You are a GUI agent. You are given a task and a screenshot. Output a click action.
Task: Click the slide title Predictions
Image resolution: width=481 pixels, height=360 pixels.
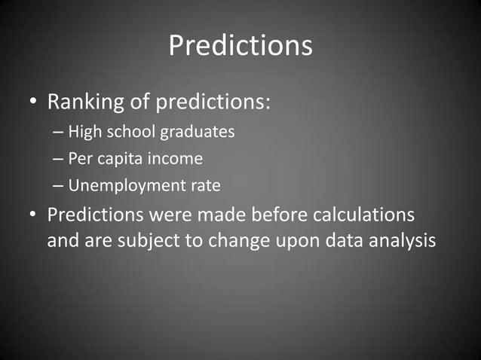240,46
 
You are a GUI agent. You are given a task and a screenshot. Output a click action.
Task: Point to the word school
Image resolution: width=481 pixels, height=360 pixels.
126,132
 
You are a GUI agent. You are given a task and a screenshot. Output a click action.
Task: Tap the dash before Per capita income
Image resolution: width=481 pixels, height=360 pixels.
59,159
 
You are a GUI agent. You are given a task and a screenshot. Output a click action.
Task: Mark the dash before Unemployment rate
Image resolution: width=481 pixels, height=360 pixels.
59,185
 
